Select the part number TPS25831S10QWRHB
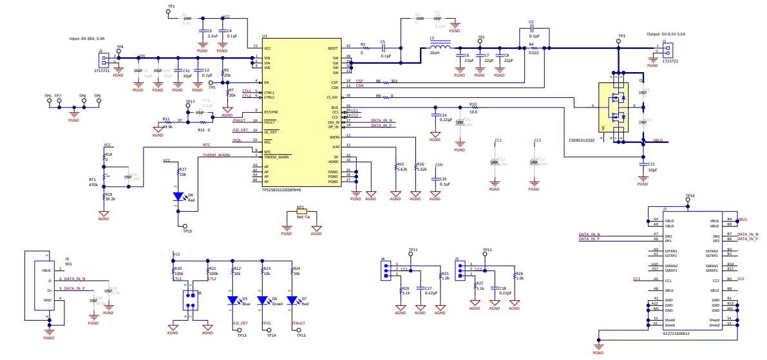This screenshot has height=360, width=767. click(281, 190)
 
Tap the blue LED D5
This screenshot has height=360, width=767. click(234, 300)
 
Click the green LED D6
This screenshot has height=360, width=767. click(263, 300)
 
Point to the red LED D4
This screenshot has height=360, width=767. click(179, 197)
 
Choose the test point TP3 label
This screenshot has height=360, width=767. click(621, 36)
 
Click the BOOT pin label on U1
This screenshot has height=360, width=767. click(333, 48)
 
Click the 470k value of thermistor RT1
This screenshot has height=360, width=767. click(93, 185)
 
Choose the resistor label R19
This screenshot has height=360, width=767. click(109, 194)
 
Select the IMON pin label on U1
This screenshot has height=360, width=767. click(334, 137)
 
